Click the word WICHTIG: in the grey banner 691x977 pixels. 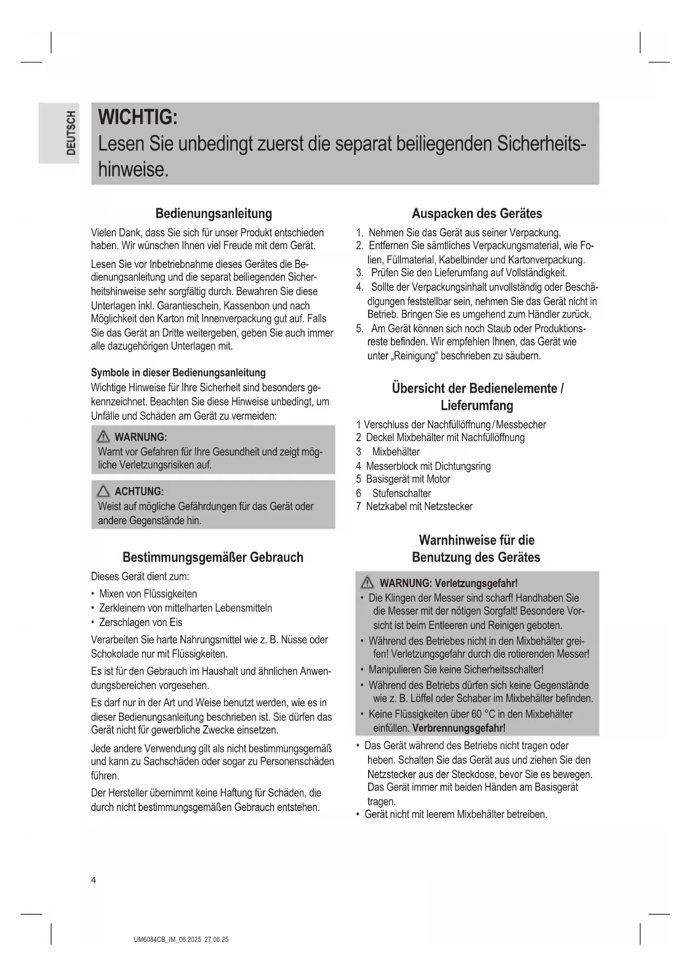[x=138, y=118]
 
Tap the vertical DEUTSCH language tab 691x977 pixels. [x=70, y=133]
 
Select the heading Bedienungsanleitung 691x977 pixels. [x=213, y=214]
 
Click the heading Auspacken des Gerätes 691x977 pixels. [x=477, y=214]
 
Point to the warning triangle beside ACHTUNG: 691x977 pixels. [x=104, y=491]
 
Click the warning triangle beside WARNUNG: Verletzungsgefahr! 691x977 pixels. [x=367, y=583]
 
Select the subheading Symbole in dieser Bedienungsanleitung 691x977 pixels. [x=178, y=373]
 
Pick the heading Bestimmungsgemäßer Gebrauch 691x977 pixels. [x=213, y=558]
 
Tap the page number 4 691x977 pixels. [x=94, y=880]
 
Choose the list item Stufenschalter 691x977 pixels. [x=401, y=494]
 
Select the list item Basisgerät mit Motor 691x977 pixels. [x=408, y=479]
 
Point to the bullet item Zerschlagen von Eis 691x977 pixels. [x=140, y=622]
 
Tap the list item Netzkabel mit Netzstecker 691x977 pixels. [x=419, y=506]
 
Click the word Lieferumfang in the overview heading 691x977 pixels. [x=477, y=406]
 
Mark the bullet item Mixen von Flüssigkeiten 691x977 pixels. [x=148, y=594]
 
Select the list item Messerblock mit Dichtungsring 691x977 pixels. [x=428, y=466]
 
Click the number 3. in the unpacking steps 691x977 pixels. [x=360, y=273]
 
